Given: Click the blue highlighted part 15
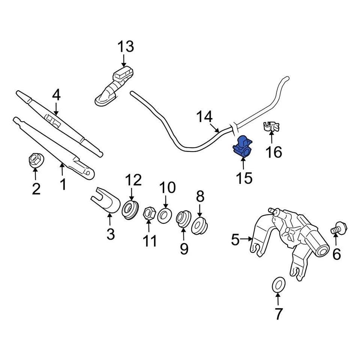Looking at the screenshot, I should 242,147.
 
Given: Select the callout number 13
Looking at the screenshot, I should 125,47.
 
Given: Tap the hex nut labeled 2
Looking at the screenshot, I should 36,160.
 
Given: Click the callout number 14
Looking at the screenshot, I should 205,117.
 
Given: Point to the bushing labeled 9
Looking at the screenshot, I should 183,219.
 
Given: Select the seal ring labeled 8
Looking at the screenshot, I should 199,225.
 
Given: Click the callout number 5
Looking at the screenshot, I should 235,239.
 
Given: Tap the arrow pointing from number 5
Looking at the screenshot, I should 247,238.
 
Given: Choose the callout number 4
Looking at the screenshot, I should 56,95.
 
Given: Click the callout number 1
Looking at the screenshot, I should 63,184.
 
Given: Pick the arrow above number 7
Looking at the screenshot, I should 278,299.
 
